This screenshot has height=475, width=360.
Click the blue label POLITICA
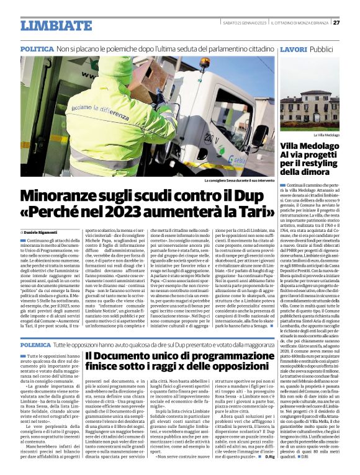(x=37, y=48)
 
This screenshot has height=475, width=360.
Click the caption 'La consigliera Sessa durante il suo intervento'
(x=239, y=181)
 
